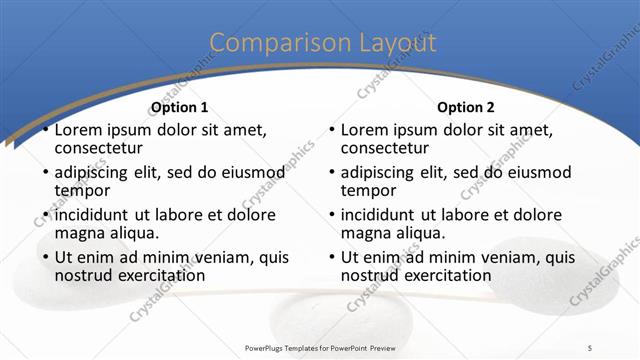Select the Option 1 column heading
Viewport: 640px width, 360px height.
pos(179,107)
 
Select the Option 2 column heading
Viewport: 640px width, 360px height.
pos(466,107)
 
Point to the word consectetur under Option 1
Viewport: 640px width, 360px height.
pos(101,148)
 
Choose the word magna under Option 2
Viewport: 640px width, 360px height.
pos(365,233)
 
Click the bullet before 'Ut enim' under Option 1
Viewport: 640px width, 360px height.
pos(45,258)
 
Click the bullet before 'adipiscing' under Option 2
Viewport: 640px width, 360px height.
pos(332,173)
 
